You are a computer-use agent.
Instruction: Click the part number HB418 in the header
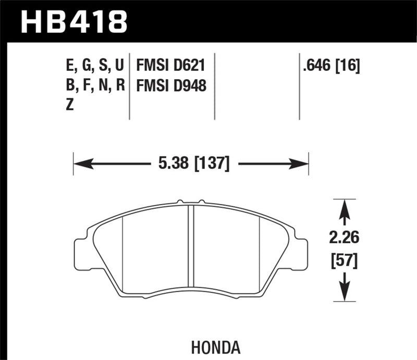73,21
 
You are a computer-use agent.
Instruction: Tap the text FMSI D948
171,85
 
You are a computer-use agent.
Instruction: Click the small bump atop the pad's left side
179,201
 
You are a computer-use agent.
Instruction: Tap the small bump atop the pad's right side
204,201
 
